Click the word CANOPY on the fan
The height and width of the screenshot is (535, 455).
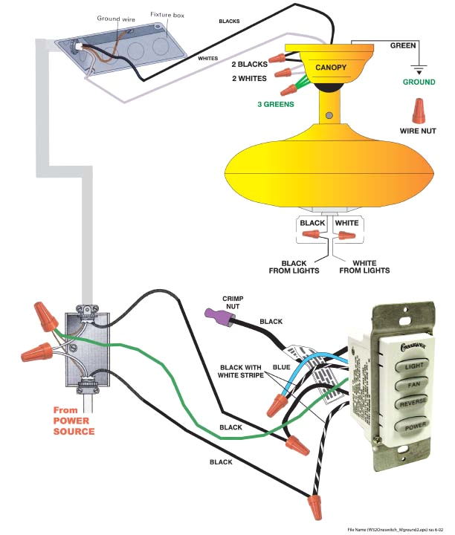(331, 68)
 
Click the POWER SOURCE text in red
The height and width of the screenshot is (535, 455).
(74, 431)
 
